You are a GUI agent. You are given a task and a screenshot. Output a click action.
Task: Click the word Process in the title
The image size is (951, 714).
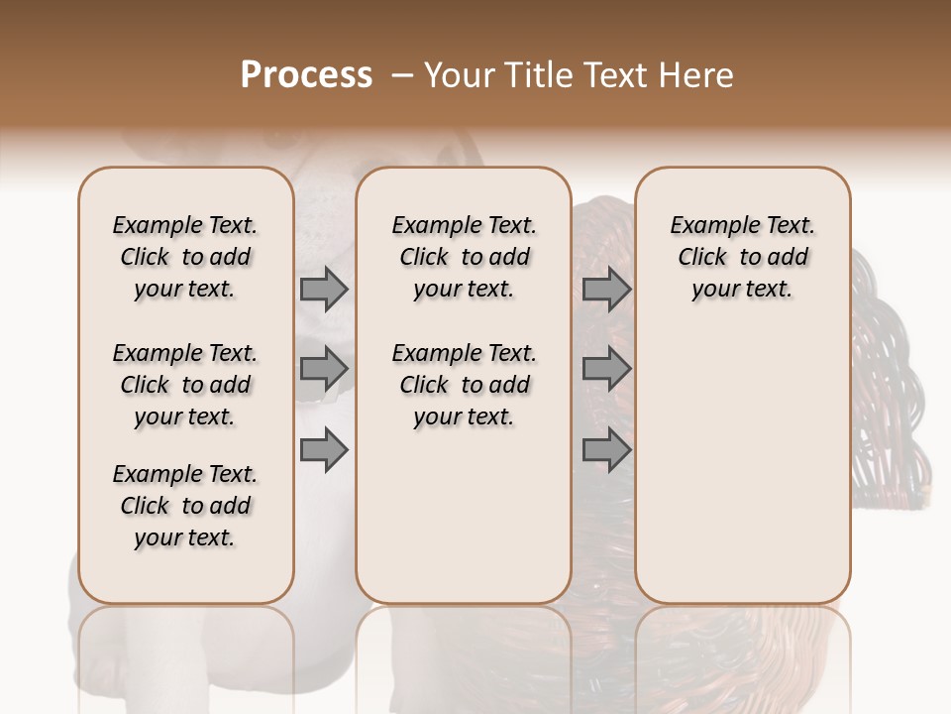[x=306, y=75]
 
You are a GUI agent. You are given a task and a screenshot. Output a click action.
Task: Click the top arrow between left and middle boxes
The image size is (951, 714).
[x=324, y=289]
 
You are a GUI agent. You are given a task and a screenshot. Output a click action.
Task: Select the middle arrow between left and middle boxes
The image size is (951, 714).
[x=324, y=369]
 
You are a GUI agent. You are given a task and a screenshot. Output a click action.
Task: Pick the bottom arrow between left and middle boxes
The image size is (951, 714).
[x=324, y=450]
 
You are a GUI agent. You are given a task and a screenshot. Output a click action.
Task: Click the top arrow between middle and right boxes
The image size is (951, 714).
[x=606, y=289]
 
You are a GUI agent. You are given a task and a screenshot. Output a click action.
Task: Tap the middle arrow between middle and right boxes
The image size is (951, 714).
[x=606, y=369]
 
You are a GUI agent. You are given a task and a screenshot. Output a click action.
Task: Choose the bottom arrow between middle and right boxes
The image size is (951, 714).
[x=606, y=450]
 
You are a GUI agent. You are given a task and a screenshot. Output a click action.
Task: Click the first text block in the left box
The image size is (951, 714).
[x=185, y=257]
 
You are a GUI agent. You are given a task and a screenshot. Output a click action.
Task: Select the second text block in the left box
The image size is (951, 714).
[x=185, y=385]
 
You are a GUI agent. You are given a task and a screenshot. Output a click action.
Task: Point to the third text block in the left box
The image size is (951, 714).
[x=185, y=506]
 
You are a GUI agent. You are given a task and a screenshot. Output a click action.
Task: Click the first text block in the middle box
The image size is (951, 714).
[x=464, y=257]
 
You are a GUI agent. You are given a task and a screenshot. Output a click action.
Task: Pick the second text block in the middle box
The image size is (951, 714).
[x=464, y=385]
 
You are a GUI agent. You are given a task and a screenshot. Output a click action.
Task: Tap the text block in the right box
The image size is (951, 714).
[x=742, y=257]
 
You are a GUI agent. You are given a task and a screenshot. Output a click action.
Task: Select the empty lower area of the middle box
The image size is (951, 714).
[x=464, y=516]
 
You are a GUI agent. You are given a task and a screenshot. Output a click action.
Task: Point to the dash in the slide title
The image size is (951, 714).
[x=402, y=75]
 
